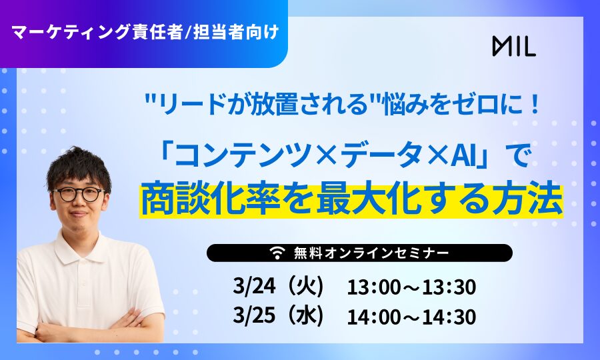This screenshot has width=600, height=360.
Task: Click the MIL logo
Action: [x=514, y=46]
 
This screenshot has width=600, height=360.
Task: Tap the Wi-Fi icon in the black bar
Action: [x=277, y=253]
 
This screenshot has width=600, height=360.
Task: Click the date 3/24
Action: [x=254, y=287]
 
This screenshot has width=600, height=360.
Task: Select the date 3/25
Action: [x=254, y=315]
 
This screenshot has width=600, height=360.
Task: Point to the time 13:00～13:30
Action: [x=411, y=287]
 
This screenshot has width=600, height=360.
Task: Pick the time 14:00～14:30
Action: [x=411, y=317]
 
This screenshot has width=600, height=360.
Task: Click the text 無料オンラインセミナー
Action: [x=371, y=253]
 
